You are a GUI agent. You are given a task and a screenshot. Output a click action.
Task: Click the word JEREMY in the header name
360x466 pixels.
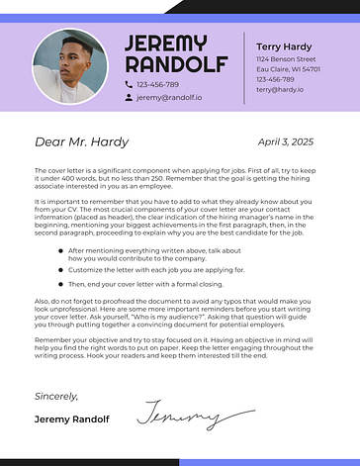point(165,44)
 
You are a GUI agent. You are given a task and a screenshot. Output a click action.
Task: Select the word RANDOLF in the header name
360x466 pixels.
point(175,65)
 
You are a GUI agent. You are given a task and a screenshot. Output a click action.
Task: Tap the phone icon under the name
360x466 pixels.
point(129,85)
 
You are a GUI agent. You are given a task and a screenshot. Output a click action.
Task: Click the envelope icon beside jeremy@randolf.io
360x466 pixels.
point(129,98)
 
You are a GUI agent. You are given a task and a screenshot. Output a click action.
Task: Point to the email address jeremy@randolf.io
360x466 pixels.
point(169,98)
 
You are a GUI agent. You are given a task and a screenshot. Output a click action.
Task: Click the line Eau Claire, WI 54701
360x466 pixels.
point(288,70)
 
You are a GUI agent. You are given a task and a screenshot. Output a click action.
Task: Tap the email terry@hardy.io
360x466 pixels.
point(281,90)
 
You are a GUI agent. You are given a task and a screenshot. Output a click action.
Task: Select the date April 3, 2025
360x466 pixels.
point(285,142)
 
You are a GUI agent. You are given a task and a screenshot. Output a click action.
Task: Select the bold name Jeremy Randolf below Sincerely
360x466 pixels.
point(72,419)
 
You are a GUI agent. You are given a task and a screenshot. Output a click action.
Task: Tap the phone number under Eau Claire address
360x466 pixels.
point(276,80)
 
